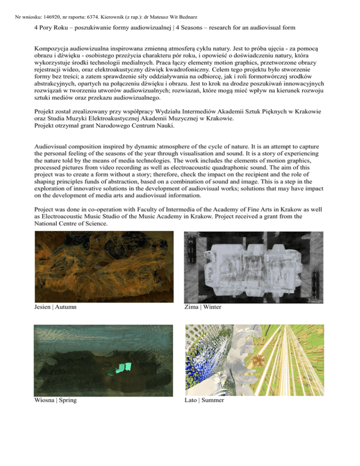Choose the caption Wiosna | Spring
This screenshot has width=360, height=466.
pos(56,401)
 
